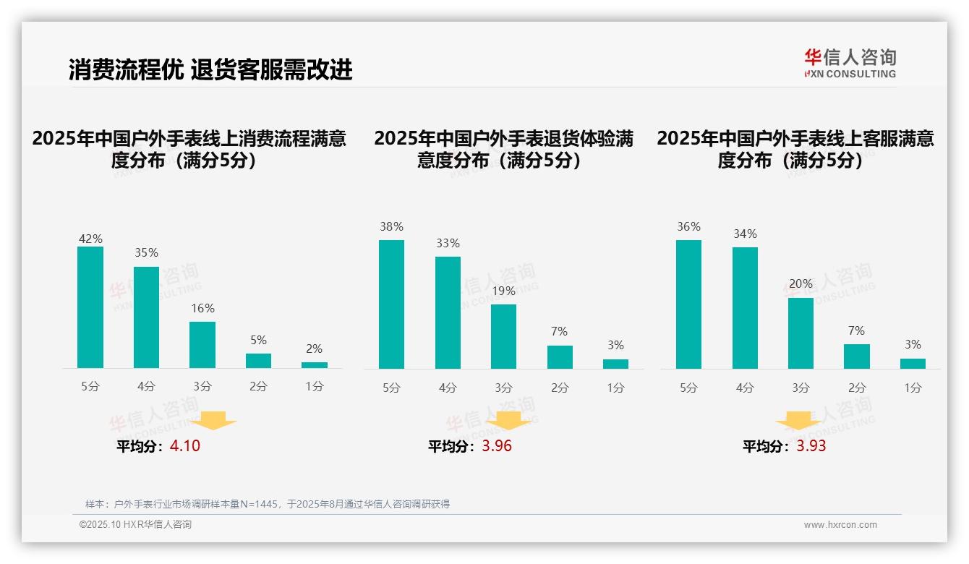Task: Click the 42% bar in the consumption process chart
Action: tap(90, 307)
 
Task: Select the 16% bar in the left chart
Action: tap(202, 345)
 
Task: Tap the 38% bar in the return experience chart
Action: tap(391, 304)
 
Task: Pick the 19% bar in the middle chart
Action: tap(503, 336)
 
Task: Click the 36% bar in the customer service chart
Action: tap(688, 304)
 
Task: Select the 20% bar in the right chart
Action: tap(801, 333)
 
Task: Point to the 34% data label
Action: tap(745, 234)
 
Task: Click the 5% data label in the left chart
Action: tap(258, 340)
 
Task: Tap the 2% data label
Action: tap(314, 349)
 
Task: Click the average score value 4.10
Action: tap(185, 446)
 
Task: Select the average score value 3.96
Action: tap(497, 446)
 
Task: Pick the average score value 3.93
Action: tap(811, 446)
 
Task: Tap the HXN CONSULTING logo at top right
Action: tap(850, 63)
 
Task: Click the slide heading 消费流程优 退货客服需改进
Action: tap(210, 69)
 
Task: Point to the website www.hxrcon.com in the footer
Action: tap(840, 525)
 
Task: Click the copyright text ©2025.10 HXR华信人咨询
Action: tap(135, 525)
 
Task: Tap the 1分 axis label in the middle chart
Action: tap(615, 388)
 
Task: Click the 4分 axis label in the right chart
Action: tap(745, 388)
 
